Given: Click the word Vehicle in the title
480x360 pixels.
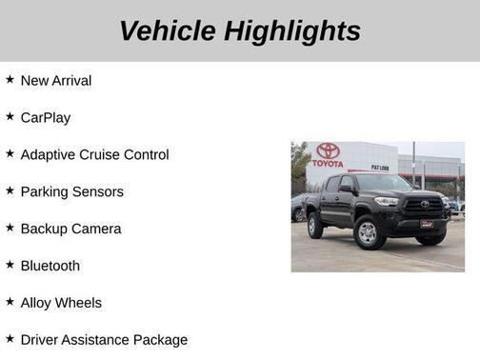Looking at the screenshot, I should pos(169,30).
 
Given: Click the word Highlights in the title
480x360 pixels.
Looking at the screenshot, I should pos(292,30).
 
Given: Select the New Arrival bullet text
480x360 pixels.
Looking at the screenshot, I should pos(56,81).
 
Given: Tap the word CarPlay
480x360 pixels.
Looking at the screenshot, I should pos(46,118).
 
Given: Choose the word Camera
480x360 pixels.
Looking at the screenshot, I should pos(97,230).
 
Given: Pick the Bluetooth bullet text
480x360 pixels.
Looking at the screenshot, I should pos(50,267).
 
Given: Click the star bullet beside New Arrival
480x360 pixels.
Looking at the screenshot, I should pos(10,80).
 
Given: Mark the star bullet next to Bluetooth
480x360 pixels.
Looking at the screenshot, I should pos(10,265).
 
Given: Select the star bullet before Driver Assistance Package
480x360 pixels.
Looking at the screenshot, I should pos(10,339).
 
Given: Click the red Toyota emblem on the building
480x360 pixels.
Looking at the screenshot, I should pos(329,150).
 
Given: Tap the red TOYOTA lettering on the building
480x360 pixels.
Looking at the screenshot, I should pos(329,163).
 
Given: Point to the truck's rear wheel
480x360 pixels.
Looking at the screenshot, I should pos(315,226).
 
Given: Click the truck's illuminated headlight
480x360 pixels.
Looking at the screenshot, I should pos(387,202).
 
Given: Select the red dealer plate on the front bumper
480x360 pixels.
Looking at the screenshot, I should pos(426,225).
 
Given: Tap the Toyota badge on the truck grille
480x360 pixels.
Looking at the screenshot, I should pos(425,204).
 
